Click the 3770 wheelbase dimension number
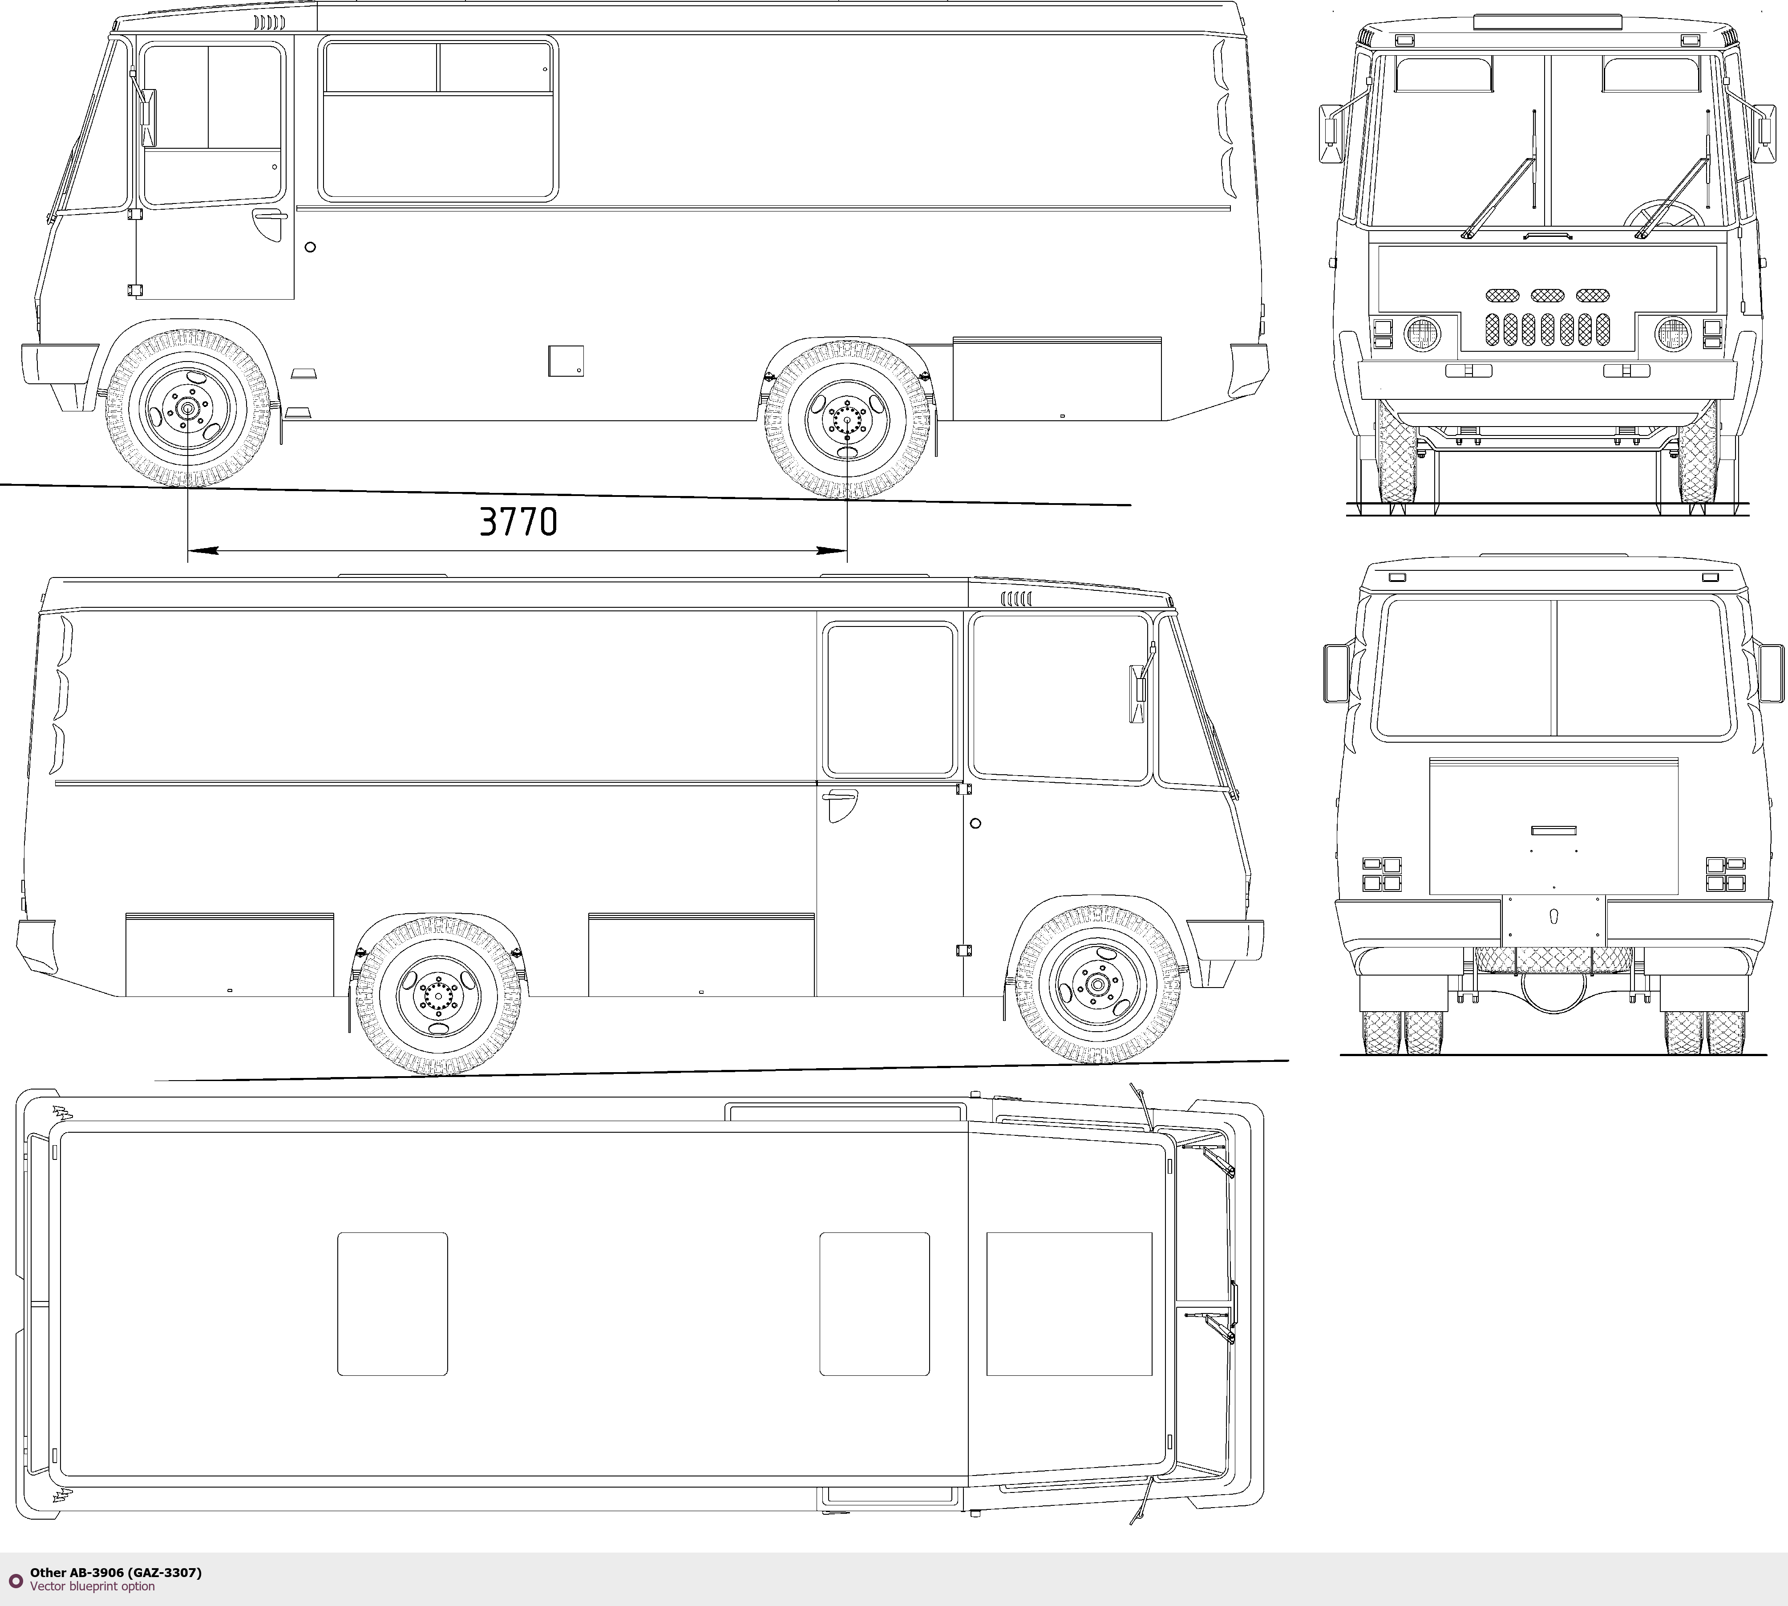tap(519, 521)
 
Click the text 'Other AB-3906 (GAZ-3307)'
tap(116, 1572)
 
